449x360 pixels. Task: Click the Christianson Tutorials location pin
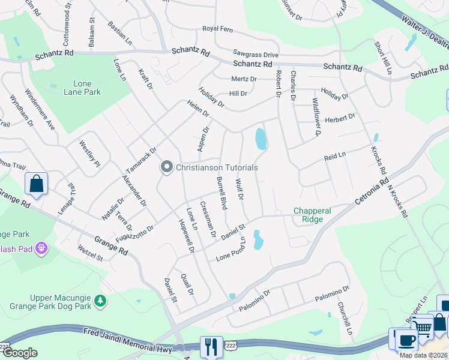[x=166, y=167]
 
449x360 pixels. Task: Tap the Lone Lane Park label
[x=83, y=88]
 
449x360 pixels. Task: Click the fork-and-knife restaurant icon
[x=211, y=347]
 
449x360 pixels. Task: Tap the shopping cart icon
[x=423, y=327]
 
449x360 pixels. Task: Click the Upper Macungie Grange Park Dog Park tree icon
[x=101, y=299]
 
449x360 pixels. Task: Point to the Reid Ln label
[x=335, y=156]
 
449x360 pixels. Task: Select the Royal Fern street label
[x=217, y=28]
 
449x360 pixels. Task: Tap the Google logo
[x=20, y=353]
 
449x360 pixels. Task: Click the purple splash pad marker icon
[x=41, y=247]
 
